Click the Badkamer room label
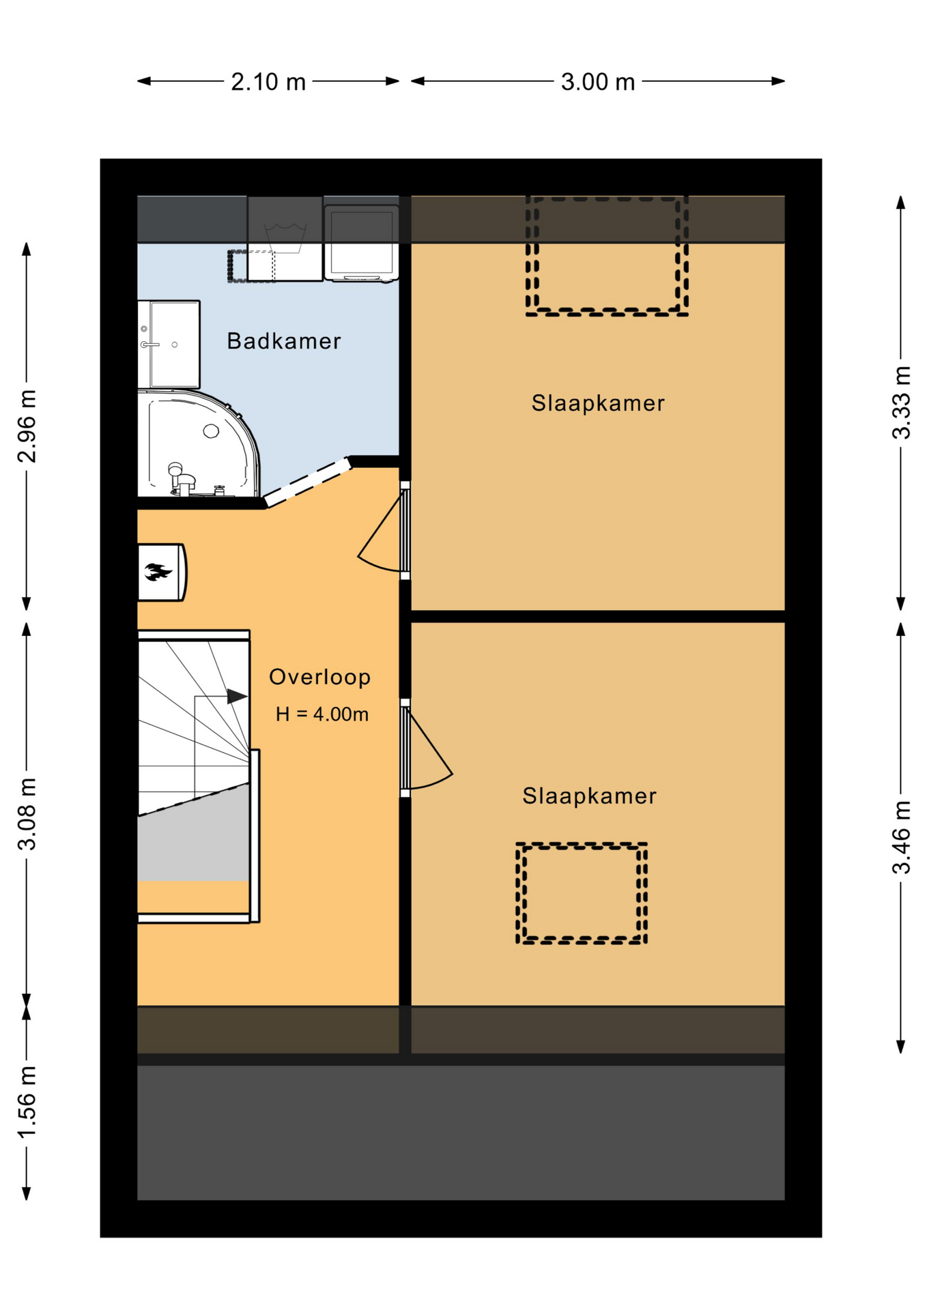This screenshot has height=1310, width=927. tap(283, 340)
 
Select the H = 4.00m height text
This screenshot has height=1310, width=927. tap(322, 714)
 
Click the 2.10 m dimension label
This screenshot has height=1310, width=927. tap(268, 82)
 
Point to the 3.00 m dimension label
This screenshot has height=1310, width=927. tap(598, 82)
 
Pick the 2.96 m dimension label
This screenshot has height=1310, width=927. tap(27, 426)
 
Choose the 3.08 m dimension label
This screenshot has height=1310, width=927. tap(27, 814)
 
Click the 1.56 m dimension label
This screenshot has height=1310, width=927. tap(27, 1102)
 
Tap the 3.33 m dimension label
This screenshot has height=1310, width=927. tap(902, 403)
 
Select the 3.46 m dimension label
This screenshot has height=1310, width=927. tap(902, 837)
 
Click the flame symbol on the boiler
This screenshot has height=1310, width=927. tap(158, 572)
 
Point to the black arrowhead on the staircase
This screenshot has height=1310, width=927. tap(237, 697)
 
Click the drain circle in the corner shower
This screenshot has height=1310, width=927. tap(211, 431)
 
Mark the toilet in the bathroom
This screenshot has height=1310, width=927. tap(182, 478)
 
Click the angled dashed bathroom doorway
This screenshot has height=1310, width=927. tap(307, 482)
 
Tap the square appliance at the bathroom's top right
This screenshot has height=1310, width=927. tap(361, 242)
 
